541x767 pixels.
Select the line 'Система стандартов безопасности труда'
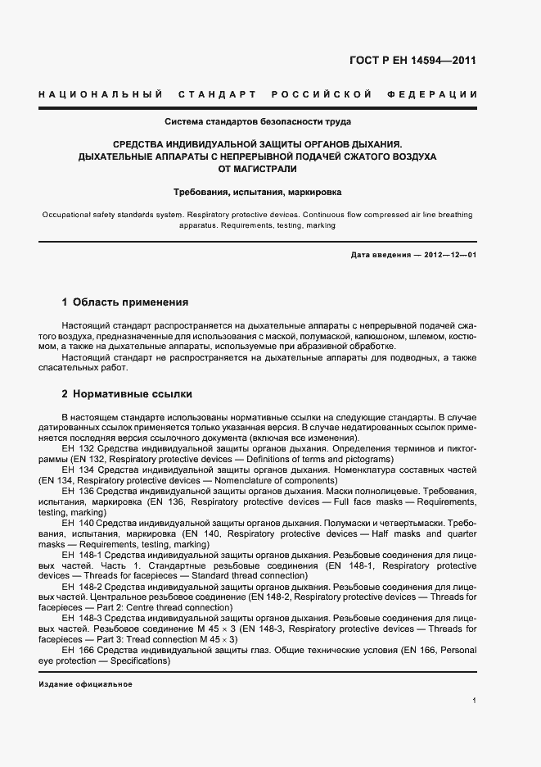coord(258,122)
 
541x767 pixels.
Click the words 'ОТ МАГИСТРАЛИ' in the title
coord(258,169)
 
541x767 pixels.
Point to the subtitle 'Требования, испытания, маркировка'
coord(258,193)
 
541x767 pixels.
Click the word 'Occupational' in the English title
coord(64,215)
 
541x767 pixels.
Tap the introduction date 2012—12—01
coord(450,255)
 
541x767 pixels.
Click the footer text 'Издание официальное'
coord(85,684)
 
